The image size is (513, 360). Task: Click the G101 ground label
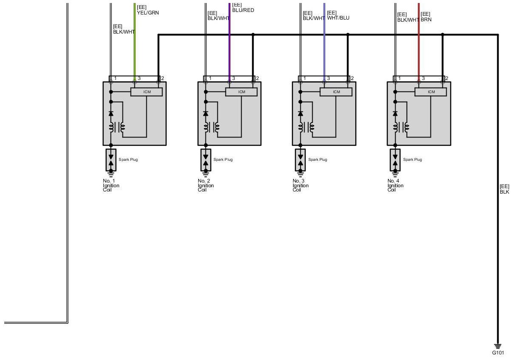point(498,353)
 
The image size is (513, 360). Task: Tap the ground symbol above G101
point(498,346)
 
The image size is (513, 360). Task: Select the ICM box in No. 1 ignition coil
point(147,92)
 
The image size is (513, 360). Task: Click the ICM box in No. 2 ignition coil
point(242,92)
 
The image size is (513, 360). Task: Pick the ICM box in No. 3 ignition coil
point(336,92)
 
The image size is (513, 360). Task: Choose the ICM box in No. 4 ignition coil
point(431,92)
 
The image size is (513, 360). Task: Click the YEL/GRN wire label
point(148,13)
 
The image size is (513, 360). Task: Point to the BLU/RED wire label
point(243,10)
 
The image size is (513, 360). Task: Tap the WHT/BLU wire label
point(338,18)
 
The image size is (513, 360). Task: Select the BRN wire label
point(426,19)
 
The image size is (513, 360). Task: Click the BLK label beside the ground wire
point(504,192)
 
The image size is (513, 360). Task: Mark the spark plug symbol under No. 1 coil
point(111,160)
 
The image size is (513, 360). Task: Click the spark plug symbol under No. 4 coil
point(396,160)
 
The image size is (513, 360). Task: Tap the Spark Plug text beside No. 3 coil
point(318,160)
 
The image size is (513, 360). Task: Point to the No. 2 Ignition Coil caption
point(205,186)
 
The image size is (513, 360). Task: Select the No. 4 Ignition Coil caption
point(395,186)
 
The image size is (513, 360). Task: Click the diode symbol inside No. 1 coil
point(111,114)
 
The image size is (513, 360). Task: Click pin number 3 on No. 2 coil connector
point(234,78)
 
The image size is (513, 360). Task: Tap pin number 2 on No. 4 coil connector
point(447,78)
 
